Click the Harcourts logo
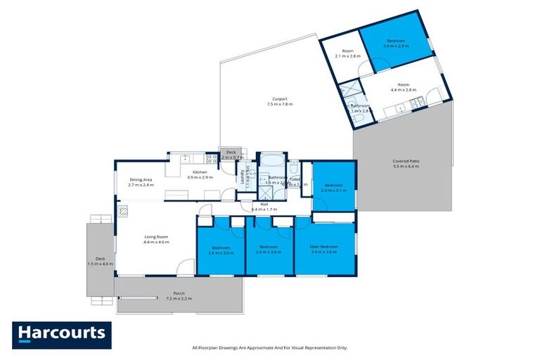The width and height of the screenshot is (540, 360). point(61,335)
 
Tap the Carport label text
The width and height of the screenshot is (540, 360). point(280,99)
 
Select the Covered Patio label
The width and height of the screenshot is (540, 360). point(405,162)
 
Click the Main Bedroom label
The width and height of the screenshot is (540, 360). point(324,247)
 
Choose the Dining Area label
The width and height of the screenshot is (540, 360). point(141,180)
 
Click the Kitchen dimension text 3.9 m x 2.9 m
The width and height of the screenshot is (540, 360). point(200,178)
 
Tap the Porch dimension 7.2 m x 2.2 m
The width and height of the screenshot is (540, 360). point(179,299)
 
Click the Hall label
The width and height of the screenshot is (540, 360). point(264,204)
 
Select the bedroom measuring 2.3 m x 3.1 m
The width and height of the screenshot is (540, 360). point(334,187)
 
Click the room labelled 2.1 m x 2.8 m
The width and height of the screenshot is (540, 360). point(347,52)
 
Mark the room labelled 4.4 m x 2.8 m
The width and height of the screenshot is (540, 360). point(403,86)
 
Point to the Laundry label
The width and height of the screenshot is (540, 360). point(242,172)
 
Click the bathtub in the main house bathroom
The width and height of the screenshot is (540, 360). point(271,159)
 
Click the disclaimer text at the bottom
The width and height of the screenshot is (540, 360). point(270,347)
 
